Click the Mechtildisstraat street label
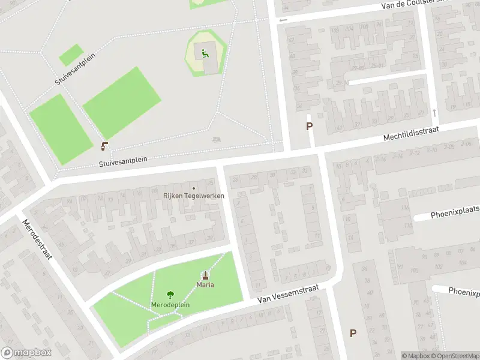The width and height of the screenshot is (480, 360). (412, 134)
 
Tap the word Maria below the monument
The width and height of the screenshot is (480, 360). (206, 284)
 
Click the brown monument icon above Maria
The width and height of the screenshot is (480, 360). (206, 275)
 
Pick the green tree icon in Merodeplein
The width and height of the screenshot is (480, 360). (170, 294)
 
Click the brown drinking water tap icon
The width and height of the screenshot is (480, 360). (105, 146)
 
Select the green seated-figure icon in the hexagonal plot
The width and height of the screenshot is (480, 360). (205, 53)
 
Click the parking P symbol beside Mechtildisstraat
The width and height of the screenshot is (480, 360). (310, 126)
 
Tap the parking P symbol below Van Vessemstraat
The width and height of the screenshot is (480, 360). (353, 333)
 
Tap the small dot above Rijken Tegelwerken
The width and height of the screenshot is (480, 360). (193, 188)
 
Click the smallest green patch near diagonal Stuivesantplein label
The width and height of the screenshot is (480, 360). (71, 55)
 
